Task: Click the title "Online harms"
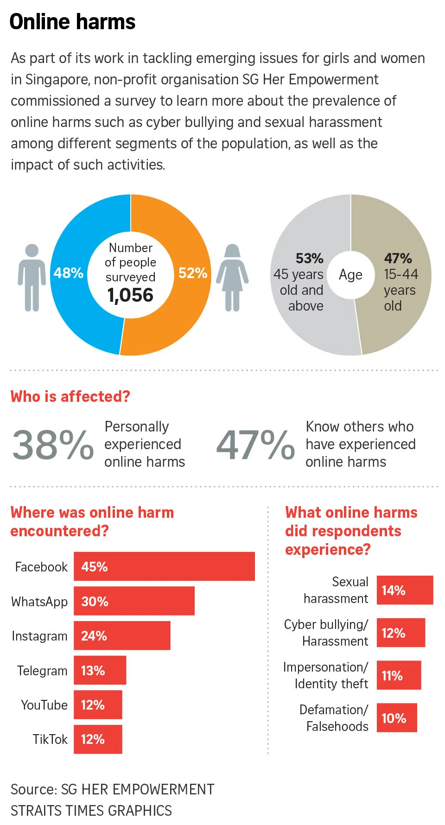(x=72, y=22)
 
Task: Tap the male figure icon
(x=32, y=277)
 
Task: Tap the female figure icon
(x=232, y=277)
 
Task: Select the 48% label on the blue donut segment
(x=68, y=273)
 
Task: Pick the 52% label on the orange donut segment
(x=193, y=273)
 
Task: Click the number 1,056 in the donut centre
(x=130, y=295)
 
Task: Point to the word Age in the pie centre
(x=350, y=275)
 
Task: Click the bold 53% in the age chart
(x=309, y=258)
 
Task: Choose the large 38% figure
(x=53, y=444)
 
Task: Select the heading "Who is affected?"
(x=70, y=397)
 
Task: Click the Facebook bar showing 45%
(x=164, y=566)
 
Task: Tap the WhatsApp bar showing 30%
(x=134, y=601)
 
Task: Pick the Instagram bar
(x=122, y=635)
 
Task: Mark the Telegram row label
(x=42, y=671)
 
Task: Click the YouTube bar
(x=98, y=705)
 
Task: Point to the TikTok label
(x=50, y=739)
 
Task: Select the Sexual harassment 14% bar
(x=405, y=590)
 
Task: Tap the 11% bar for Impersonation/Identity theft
(x=399, y=675)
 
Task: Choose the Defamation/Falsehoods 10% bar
(x=397, y=718)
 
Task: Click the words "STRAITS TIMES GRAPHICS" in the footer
(x=91, y=811)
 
